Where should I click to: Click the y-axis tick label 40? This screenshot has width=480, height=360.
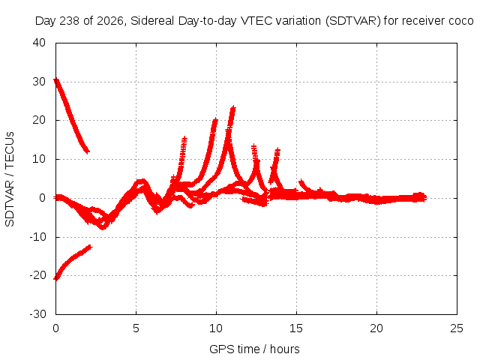point(39,43)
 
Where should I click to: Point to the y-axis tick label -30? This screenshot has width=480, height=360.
point(37,313)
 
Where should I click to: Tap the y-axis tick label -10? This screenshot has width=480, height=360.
point(37,237)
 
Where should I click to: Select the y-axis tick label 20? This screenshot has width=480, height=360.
point(39,120)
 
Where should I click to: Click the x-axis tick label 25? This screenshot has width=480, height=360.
point(457,328)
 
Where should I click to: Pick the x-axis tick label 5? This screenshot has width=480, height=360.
point(136,328)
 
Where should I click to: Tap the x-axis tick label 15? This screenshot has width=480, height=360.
point(296,328)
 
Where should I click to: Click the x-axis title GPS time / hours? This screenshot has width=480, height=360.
point(254,349)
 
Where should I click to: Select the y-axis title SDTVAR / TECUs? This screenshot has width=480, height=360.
point(10,179)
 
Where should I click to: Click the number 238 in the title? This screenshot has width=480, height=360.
point(70,21)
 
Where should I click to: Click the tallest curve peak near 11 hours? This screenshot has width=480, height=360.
point(233,108)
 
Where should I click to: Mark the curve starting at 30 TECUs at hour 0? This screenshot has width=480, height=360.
point(71,115)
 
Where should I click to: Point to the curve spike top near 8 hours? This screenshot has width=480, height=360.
point(184,138)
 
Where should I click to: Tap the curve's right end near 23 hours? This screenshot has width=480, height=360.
point(424,198)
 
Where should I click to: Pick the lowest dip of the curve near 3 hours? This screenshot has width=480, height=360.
point(103,227)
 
